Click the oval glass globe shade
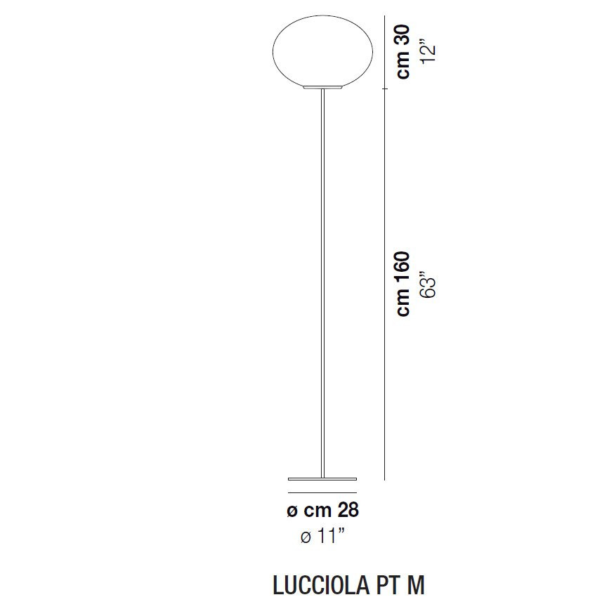[322, 53]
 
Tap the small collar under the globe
[322, 89]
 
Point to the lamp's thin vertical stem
[322, 281]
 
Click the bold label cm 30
[403, 53]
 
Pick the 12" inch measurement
[429, 51]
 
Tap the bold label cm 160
[403, 284]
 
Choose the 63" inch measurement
[429, 284]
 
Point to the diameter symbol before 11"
[306, 538]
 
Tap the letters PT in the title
[381, 584]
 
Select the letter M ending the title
[415, 584]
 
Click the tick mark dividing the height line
[385, 90]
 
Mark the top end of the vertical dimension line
[385, 17]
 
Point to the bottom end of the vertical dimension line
[385, 479]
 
